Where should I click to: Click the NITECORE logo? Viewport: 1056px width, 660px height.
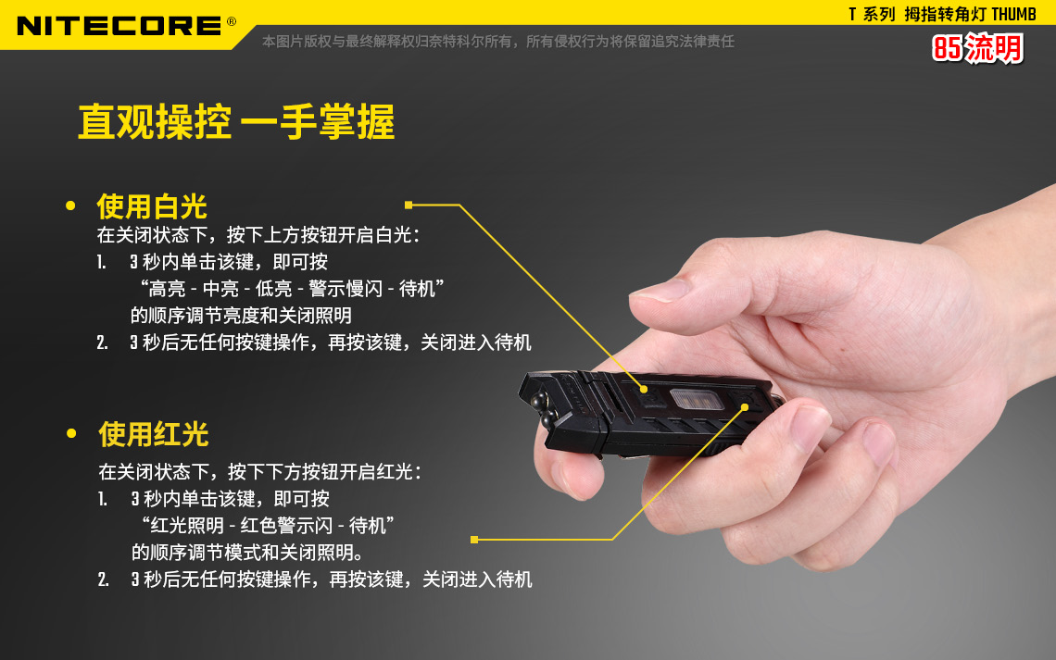coord(119,26)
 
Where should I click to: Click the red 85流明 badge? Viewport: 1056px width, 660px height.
coord(977,48)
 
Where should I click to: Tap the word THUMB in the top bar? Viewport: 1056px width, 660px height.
coord(1013,14)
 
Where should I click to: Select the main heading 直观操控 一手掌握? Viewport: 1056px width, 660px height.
coord(236,122)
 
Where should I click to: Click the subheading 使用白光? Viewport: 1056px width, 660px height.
coord(152,206)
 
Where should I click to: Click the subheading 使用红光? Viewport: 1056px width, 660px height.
coord(154,435)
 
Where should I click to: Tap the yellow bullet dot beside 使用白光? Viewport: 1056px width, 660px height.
coord(70,205)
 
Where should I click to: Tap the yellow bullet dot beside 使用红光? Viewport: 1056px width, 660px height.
coord(71,434)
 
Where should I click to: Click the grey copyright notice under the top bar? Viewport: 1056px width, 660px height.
coord(498,42)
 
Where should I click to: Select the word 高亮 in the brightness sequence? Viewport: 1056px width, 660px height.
coord(167,289)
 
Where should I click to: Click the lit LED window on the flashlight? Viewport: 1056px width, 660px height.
coord(697,399)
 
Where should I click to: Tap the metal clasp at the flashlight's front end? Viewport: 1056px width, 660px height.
coord(540,410)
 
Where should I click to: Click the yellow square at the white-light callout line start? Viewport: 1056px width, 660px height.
coord(409,205)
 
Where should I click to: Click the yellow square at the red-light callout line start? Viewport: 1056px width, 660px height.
coord(474,540)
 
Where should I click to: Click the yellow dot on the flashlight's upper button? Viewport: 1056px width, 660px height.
coord(644,389)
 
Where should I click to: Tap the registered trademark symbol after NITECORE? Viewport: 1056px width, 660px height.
coord(232,21)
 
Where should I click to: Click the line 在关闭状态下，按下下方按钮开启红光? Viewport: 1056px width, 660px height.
coord(260,471)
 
